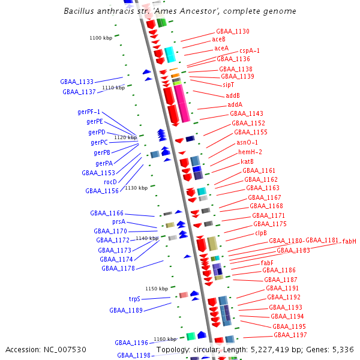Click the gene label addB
233,95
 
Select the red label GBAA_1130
233,31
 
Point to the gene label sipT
228,85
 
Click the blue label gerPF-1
89,112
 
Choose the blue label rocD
110,182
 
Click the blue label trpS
134,299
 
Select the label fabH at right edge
349,241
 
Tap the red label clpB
261,233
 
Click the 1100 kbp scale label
101,38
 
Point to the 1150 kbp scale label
157,289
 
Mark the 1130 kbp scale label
136,188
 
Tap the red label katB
247,161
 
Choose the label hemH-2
250,152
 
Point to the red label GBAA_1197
292,335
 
